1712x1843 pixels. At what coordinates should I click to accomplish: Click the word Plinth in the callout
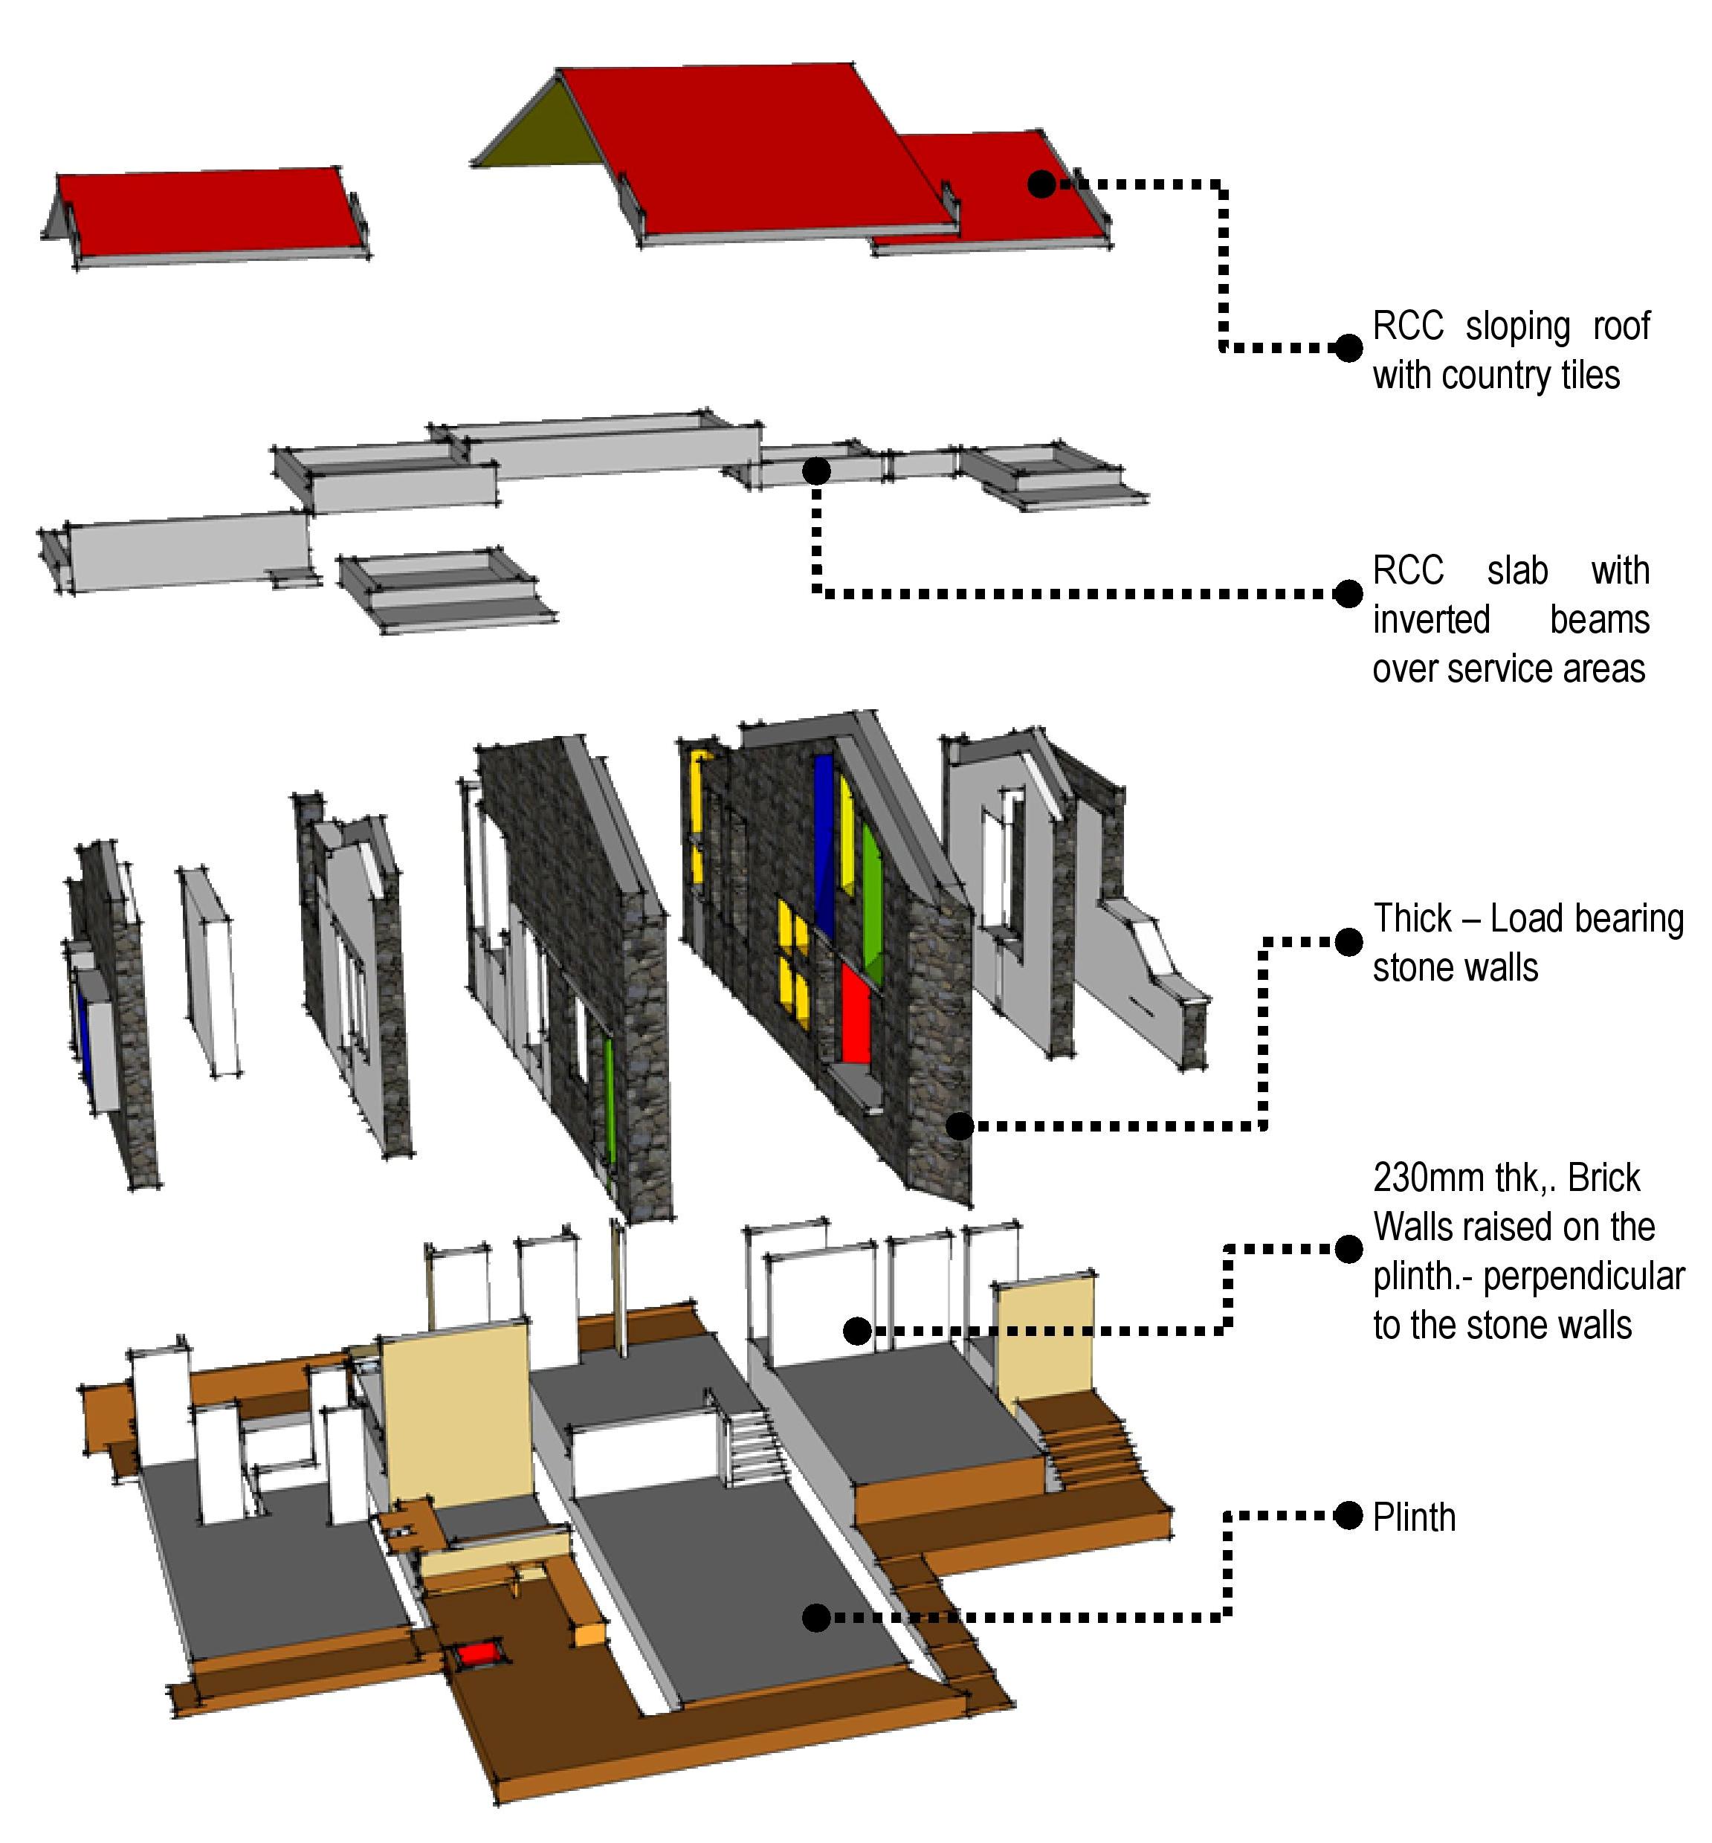1414,1517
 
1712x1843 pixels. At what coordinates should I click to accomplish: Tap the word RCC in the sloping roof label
1407,326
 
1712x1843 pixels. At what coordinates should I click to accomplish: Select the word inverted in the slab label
1430,619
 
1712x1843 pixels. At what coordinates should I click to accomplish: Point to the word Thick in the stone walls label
1412,918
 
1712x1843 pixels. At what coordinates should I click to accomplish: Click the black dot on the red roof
1041,184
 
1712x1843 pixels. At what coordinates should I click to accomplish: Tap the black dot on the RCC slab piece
816,471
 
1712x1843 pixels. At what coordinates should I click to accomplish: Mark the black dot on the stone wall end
960,1126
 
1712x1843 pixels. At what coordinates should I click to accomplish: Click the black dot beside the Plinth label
1348,1516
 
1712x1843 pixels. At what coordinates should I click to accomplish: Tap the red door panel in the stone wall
855,1011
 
